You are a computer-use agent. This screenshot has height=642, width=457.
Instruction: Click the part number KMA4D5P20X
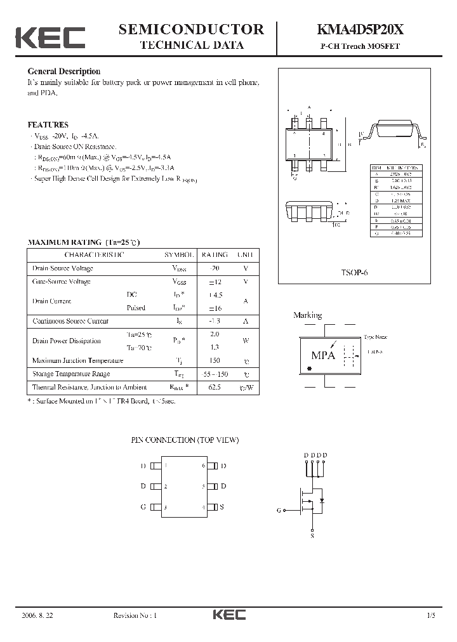click(x=359, y=29)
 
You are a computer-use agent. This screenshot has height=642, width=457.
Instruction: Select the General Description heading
click(x=63, y=72)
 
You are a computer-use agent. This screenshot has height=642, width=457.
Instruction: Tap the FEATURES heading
click(x=48, y=125)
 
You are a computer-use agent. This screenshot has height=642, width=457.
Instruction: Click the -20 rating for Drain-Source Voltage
click(x=214, y=268)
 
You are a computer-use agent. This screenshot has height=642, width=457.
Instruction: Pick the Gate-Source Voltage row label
click(x=62, y=282)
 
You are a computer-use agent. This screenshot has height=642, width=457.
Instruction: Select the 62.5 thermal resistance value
click(x=214, y=387)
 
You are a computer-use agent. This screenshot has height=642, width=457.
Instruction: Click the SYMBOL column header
click(x=179, y=255)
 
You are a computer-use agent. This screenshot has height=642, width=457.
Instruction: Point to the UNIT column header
click(x=246, y=255)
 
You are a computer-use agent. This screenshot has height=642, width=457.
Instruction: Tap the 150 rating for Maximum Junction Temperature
click(x=214, y=360)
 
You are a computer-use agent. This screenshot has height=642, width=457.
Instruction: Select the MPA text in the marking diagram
click(x=322, y=355)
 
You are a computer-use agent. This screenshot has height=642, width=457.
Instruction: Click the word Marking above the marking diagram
click(x=307, y=315)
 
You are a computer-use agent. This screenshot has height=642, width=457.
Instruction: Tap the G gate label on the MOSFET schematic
click(x=279, y=510)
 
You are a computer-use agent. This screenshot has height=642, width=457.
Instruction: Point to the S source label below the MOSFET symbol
click(x=312, y=536)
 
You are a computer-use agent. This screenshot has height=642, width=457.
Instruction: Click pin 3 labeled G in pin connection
click(x=143, y=507)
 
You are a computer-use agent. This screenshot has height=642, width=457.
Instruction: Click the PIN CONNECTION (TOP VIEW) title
click(x=185, y=440)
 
